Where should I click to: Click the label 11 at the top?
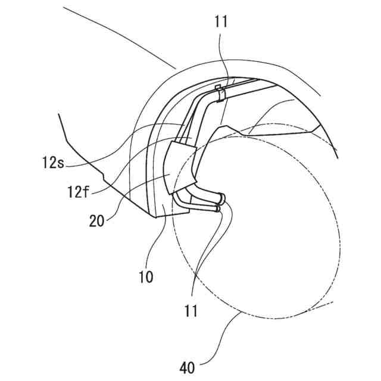[x=220, y=23]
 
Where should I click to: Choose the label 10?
[x=146, y=277]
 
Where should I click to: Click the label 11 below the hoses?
[x=190, y=310]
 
